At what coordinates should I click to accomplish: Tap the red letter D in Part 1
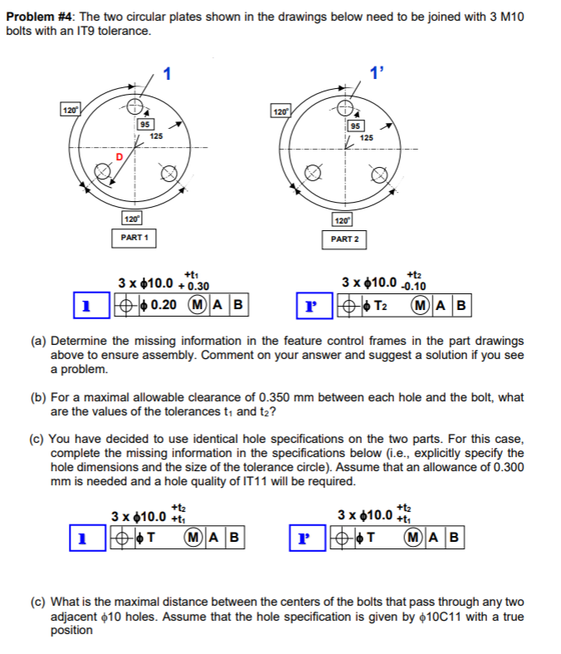point(118,156)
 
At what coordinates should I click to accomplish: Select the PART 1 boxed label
point(134,238)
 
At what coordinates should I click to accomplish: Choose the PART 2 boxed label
point(344,238)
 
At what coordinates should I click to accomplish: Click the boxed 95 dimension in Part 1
point(146,124)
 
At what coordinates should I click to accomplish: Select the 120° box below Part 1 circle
point(131,219)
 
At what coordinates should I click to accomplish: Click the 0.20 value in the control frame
point(161,304)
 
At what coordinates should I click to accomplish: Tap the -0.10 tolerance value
point(416,287)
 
